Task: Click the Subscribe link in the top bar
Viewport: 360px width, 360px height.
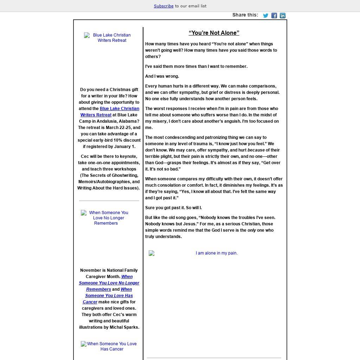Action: click(x=163, y=6)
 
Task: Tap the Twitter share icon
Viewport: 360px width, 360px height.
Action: click(x=266, y=15)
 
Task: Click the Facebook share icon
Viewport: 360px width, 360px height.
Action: click(x=274, y=15)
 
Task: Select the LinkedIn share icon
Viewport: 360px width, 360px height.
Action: click(x=283, y=15)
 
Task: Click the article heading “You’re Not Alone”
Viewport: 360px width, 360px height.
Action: click(x=214, y=33)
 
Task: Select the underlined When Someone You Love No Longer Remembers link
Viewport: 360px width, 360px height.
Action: click(x=109, y=283)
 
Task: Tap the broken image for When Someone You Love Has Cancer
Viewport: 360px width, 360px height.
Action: click(x=109, y=346)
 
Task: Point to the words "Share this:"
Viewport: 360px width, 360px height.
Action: click(x=245, y=15)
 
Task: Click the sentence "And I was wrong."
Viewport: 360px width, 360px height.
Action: click(x=162, y=76)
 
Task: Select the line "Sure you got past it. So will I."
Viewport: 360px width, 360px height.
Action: click(x=173, y=208)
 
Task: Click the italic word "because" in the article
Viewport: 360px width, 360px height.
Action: click(x=256, y=150)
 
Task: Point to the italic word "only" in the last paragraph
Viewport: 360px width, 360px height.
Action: click(x=252, y=230)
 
